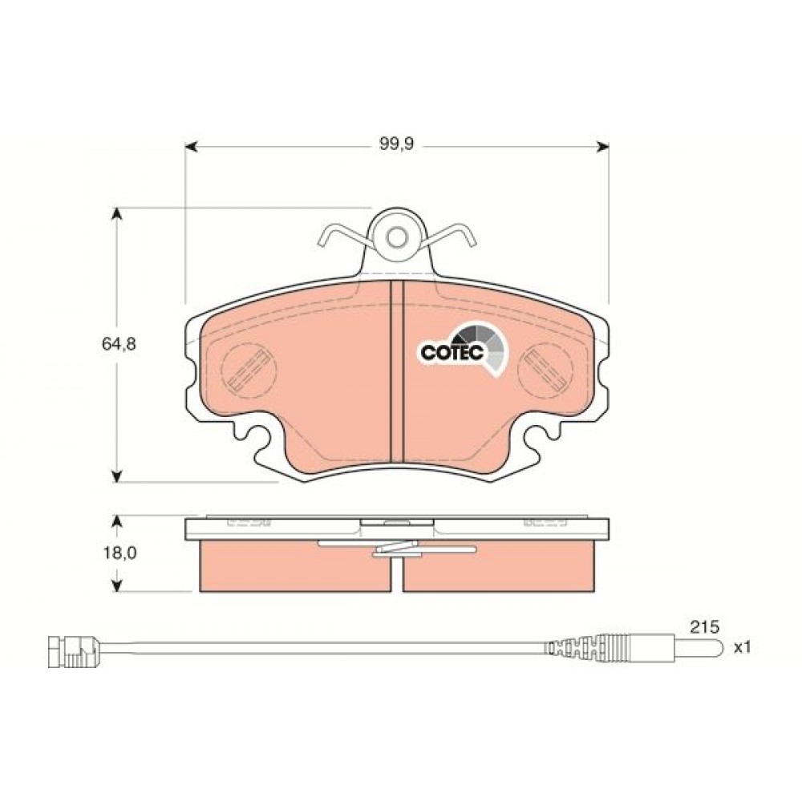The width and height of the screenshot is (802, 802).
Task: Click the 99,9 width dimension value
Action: point(396,144)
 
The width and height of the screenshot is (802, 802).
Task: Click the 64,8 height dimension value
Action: point(119,344)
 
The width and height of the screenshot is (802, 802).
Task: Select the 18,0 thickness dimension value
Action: point(119,553)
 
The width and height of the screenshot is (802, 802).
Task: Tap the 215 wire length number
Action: point(704,626)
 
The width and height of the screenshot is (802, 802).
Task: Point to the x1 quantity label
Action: point(742,647)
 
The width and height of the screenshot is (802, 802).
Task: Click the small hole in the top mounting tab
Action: point(396,237)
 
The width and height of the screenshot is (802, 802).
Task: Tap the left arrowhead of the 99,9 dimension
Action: point(191,148)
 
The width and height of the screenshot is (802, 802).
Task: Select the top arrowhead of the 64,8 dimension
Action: point(118,214)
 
